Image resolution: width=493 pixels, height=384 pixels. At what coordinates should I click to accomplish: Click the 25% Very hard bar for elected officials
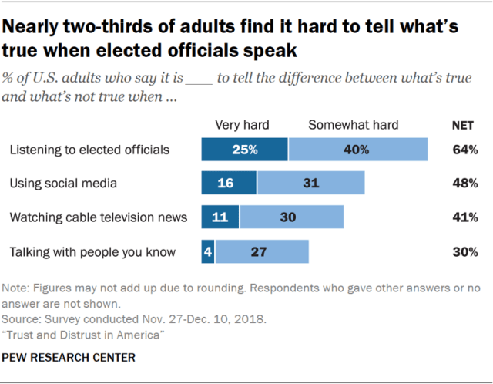[244, 150]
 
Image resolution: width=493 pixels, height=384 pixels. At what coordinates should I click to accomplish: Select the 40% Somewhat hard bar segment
[358, 150]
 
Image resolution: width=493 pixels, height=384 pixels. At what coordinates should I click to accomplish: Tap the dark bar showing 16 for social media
[229, 184]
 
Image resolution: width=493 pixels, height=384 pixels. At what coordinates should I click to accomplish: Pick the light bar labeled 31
[311, 184]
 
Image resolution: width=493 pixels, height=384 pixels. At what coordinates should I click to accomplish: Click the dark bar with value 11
[220, 217]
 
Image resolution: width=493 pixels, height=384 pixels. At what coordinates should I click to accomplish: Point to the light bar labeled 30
[289, 217]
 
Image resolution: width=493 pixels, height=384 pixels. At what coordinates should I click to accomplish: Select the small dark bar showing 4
[208, 251]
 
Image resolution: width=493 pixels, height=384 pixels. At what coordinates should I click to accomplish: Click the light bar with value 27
[262, 251]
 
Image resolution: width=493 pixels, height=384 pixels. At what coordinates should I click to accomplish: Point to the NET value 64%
[464, 150]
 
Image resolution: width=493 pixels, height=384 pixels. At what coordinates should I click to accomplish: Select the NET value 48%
[464, 184]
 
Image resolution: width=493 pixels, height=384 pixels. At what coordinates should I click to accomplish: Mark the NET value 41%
[464, 217]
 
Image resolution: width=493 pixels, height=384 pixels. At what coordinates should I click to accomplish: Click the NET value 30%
[464, 251]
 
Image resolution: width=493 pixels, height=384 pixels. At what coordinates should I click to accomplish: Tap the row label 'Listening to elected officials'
[89, 150]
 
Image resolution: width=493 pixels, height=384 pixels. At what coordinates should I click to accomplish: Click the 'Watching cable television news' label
[98, 217]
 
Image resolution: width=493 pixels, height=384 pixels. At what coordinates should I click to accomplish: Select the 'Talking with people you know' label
[92, 251]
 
